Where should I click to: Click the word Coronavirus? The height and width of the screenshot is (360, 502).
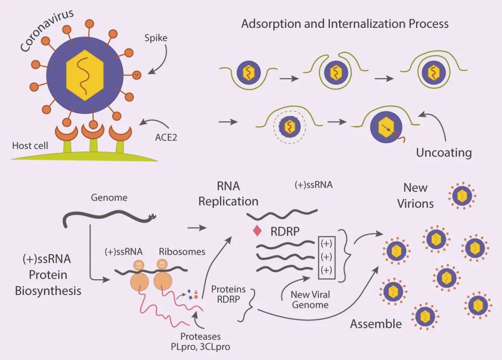[47, 30]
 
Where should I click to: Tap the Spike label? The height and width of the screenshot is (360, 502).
[156, 38]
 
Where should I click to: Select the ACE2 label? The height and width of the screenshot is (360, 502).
[166, 137]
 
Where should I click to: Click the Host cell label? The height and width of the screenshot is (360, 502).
[30, 145]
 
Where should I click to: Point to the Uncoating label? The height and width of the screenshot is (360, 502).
[444, 152]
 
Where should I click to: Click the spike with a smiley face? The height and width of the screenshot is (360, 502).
[136, 75]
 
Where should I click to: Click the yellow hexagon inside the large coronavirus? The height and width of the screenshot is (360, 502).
[85, 75]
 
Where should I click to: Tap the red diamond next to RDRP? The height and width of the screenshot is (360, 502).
[257, 231]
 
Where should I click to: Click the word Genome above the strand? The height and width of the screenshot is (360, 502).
[109, 197]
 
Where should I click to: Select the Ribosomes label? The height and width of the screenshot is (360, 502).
[182, 251]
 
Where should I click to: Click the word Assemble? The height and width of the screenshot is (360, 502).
[376, 324]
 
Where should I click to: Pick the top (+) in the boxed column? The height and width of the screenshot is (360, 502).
[326, 243]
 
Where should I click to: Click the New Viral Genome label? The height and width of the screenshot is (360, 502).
[310, 300]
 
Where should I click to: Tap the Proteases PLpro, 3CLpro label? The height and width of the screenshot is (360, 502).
[200, 341]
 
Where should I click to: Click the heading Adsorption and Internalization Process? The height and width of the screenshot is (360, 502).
[345, 24]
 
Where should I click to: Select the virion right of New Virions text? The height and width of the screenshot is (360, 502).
[462, 196]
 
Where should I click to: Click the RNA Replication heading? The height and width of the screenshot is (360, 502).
[228, 194]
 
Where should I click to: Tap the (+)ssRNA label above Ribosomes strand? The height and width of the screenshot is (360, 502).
[124, 252]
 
